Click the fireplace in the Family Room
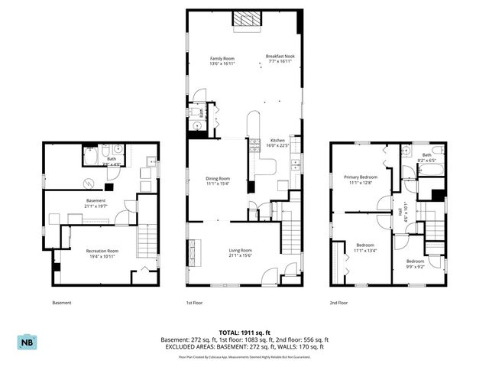[246, 20]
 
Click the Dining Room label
[218, 178]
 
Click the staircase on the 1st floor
[291, 232]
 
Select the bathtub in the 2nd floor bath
[432, 148]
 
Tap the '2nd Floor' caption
[339, 303]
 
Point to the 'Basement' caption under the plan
[61, 303]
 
